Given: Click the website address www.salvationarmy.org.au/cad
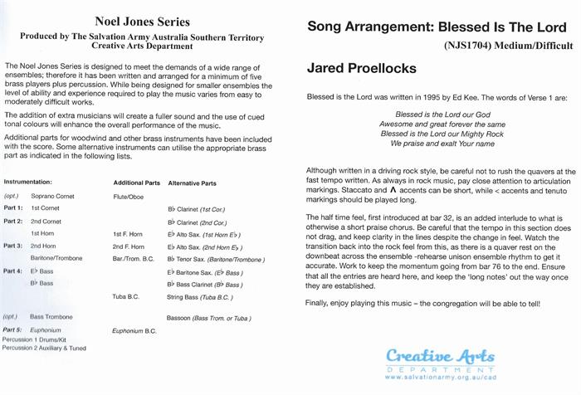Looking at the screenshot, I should click(440, 378).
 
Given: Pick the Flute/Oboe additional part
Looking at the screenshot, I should click(129, 197).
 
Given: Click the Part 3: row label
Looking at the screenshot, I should click(12, 246).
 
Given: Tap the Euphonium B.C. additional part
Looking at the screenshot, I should click(134, 330).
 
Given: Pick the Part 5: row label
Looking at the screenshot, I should click(12, 330).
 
